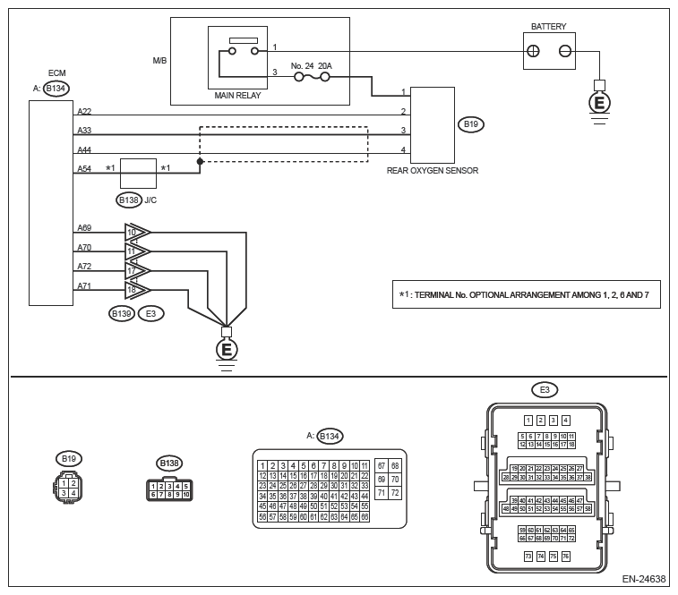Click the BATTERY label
(548, 27)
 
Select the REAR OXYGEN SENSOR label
(431, 169)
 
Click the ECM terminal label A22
(84, 111)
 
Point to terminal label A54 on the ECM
(84, 168)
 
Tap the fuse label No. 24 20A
(311, 65)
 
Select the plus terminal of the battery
(532, 52)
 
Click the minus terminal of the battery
(565, 52)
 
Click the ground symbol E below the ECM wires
(226, 348)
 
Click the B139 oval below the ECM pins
(121, 313)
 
